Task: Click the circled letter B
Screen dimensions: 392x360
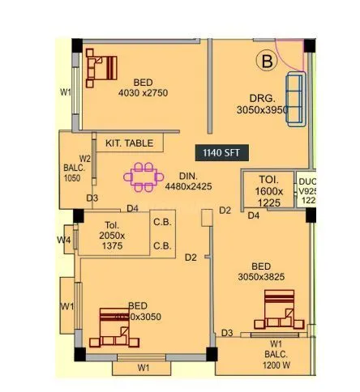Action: point(264,59)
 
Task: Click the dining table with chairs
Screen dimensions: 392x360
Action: point(143,177)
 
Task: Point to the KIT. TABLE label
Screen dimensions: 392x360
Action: point(129,143)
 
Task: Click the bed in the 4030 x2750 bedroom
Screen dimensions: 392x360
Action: point(101,64)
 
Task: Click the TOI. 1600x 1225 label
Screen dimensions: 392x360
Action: point(269,191)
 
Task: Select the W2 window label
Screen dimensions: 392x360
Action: point(84,159)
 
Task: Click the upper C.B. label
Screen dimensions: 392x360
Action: point(161,223)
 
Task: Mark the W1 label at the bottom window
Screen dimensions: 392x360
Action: point(143,369)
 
